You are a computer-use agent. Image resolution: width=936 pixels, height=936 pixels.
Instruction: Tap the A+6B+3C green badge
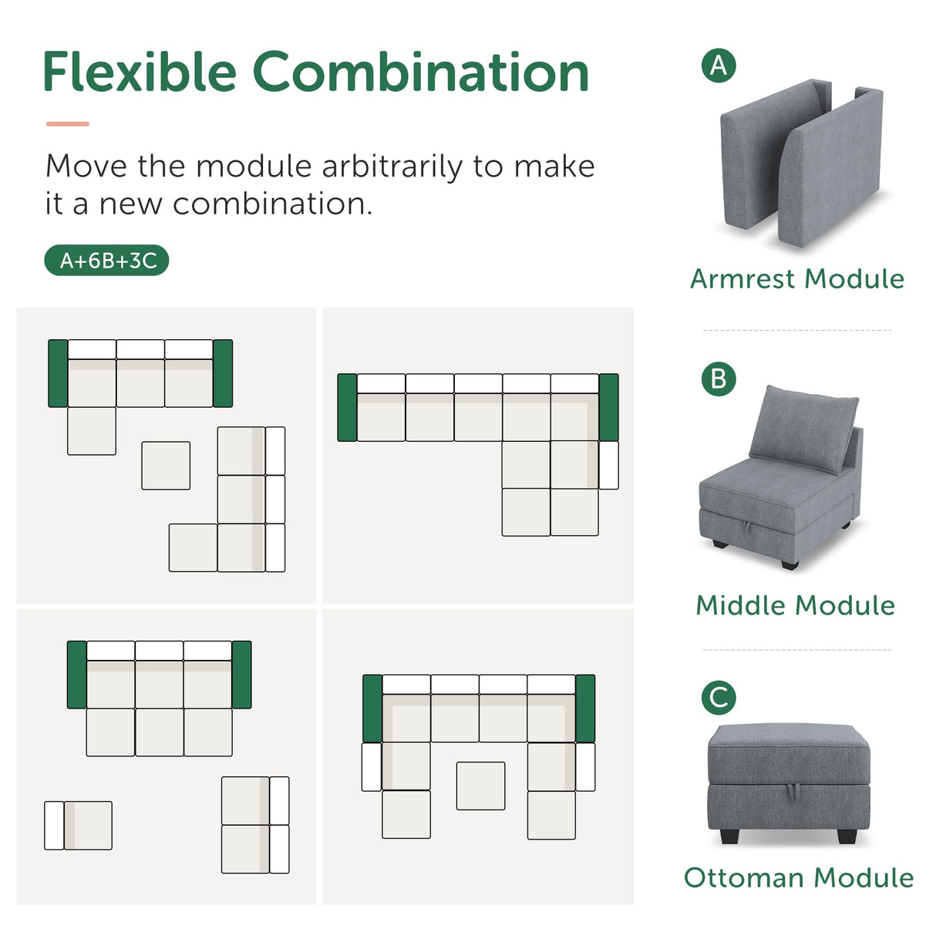(x=106, y=261)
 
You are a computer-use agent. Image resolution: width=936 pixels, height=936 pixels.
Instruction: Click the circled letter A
(x=719, y=66)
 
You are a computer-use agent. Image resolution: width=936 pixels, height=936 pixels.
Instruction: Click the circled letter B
(x=719, y=379)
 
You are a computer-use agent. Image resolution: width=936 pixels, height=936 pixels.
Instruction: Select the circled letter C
(x=719, y=698)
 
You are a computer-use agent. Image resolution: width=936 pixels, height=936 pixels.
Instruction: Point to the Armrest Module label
(x=796, y=278)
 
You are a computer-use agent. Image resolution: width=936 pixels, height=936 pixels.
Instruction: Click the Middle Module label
(x=795, y=605)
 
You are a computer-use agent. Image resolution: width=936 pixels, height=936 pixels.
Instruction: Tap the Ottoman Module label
(x=798, y=877)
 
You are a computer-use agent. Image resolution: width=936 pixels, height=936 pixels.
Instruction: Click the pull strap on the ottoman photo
(x=790, y=790)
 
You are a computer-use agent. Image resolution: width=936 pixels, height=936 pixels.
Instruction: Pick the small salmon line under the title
(x=68, y=123)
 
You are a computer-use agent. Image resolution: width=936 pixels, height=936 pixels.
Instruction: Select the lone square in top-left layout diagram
(x=166, y=465)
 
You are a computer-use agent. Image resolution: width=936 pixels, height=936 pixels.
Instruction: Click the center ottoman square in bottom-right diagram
(x=480, y=786)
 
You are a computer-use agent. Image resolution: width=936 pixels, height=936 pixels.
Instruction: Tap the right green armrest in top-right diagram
(x=608, y=407)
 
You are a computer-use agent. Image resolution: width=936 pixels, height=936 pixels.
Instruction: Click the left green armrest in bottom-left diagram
(x=76, y=675)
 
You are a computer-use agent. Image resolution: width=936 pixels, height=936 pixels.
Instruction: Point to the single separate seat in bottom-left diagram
(x=79, y=826)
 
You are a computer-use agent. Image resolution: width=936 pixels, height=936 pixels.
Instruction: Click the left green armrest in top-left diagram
(x=58, y=373)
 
